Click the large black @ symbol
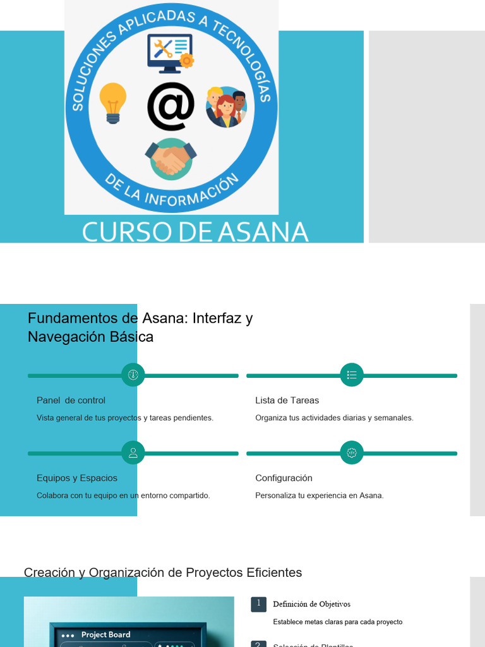point(171,106)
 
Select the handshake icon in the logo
point(171,158)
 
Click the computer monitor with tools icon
point(170,53)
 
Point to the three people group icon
point(226,107)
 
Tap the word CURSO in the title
point(126,232)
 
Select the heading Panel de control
point(71,400)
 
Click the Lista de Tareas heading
point(287,400)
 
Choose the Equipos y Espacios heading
point(77,478)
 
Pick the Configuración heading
point(284,478)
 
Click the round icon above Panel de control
point(133,375)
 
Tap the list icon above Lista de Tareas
point(352,375)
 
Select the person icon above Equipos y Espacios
point(133,452)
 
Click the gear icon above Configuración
point(352,452)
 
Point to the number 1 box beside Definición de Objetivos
point(258,604)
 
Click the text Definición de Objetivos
point(311,604)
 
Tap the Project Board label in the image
point(105,634)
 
